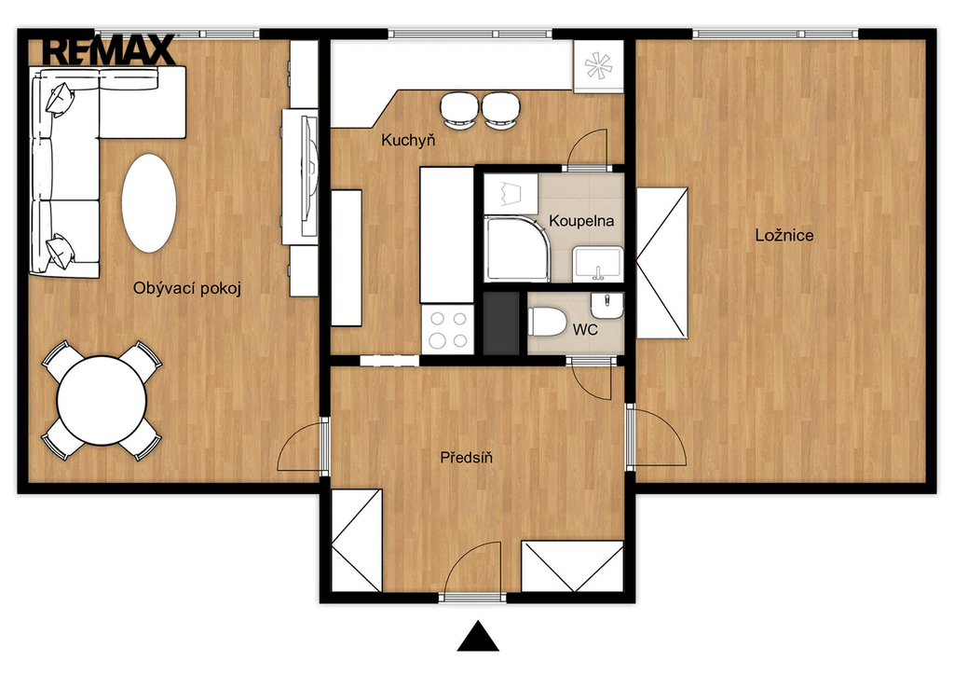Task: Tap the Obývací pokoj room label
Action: pos(187,288)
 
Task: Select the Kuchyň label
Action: pos(408,141)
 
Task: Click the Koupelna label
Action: pos(581,221)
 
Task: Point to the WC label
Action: pos(585,329)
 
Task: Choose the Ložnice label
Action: pos(784,235)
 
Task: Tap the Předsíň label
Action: pos(466,457)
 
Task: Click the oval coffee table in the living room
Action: pos(149,203)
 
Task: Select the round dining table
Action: pos(102,401)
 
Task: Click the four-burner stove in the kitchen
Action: pos(447,329)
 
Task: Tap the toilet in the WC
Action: pos(547,322)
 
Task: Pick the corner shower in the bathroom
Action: pos(517,248)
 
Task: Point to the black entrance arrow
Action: pos(478,637)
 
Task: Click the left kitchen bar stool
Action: pos(458,110)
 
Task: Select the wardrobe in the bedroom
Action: pos(662,263)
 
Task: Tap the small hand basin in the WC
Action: pos(606,305)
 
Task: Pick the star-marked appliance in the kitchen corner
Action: pos(598,66)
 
